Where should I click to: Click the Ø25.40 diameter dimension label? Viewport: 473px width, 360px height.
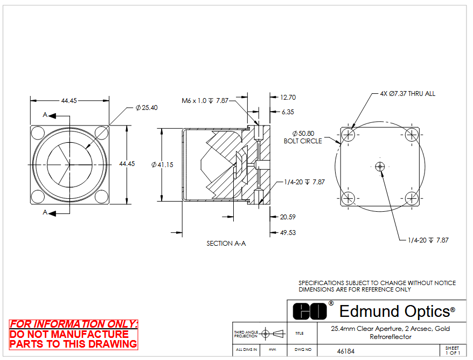point(147,108)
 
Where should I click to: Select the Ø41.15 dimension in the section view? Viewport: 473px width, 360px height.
point(162,165)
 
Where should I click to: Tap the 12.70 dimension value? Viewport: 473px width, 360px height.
point(288,98)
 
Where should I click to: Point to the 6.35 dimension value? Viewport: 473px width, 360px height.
point(288,112)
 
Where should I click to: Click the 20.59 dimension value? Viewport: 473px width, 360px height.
point(288,217)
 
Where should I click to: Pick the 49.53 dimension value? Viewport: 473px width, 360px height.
point(288,233)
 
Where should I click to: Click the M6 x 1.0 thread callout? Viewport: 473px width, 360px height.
point(205,101)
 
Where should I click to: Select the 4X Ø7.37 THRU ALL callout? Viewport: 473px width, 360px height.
point(408,94)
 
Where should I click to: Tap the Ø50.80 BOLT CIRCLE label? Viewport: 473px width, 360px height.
point(303,137)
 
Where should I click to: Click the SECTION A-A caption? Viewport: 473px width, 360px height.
point(226,244)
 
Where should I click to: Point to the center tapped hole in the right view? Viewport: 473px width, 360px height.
point(380,167)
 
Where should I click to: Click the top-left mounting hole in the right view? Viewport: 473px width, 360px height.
point(348,135)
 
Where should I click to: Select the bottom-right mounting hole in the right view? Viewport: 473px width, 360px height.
point(412,198)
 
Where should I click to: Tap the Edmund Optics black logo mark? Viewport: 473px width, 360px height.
point(310,311)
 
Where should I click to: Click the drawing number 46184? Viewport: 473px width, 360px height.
point(346,351)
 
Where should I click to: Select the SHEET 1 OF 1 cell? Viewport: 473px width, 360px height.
point(453,350)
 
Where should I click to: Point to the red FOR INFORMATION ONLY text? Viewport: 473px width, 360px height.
point(74,324)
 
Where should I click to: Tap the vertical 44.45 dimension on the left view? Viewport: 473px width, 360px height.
point(127,164)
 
